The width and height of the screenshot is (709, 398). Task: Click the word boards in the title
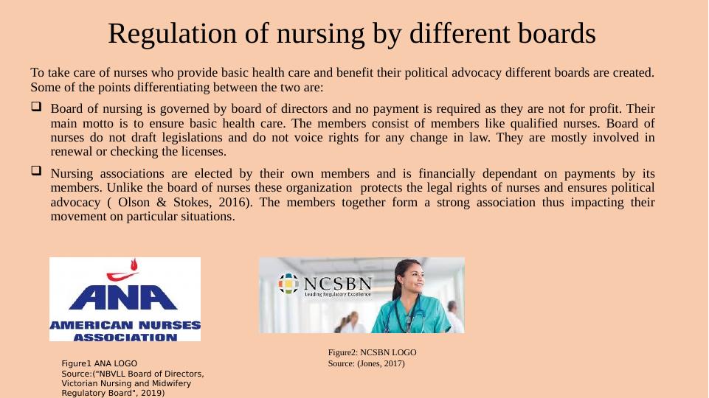pos(557,34)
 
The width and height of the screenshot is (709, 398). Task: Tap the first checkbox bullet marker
pos(35,107)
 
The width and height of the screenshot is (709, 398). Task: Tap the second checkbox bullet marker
pos(35,170)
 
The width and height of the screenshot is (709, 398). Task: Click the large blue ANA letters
pos(125,297)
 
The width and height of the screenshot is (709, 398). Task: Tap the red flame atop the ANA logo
pos(133,265)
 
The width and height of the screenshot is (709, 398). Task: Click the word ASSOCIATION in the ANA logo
pos(125,337)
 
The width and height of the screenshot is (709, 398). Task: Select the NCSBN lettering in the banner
pos(337,284)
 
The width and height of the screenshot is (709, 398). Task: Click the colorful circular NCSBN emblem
pos(288,284)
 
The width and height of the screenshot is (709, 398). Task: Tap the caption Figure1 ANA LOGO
pos(98,364)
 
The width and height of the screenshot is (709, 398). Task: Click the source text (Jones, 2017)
pos(381,363)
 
